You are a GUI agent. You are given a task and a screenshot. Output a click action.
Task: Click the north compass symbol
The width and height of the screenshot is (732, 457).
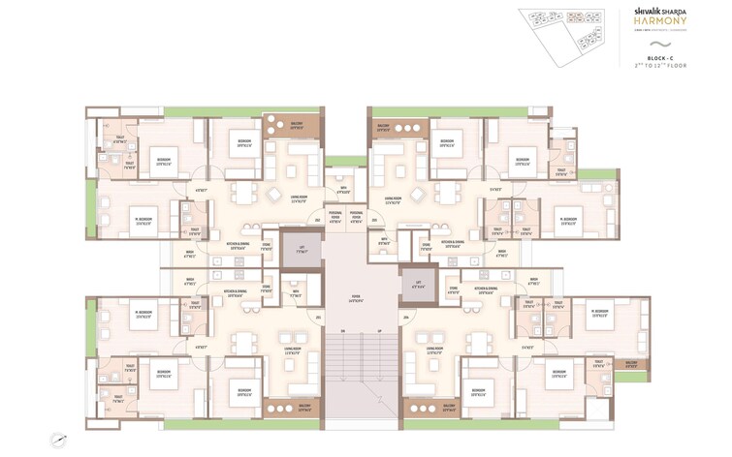[x=61, y=438]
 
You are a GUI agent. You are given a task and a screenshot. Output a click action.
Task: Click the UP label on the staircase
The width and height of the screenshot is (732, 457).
[x=379, y=332]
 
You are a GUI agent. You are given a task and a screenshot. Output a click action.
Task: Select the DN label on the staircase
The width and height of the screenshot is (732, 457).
[x=342, y=332]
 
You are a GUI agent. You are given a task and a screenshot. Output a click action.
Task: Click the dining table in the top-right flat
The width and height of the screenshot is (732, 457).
[x=446, y=193]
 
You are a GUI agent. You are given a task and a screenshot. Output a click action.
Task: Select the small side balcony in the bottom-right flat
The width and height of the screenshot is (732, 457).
[x=632, y=366]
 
